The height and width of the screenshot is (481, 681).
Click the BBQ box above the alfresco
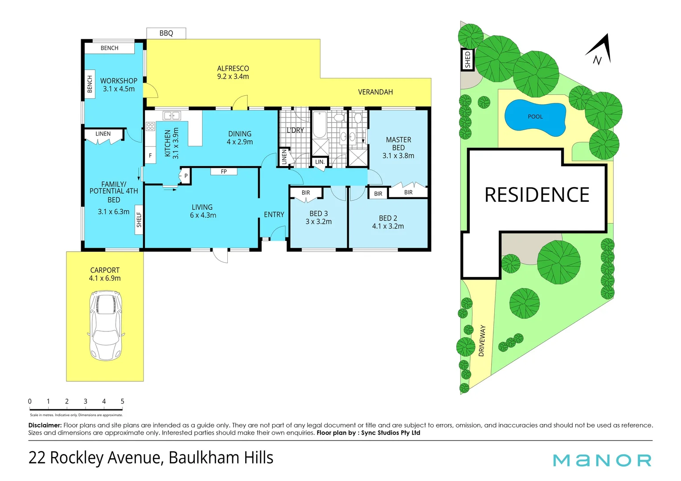click(166, 33)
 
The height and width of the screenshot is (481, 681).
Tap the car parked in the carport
click(106, 325)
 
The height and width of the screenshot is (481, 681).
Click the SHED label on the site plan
click(468, 60)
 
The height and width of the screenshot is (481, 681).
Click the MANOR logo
click(602, 460)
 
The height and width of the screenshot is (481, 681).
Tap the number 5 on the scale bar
click(122, 401)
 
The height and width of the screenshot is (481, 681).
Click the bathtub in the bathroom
click(319, 125)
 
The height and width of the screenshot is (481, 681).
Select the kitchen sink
click(172, 116)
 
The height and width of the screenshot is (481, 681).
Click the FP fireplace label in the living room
click(224, 171)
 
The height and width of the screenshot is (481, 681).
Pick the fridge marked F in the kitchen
click(151, 155)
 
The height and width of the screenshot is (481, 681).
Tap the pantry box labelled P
click(185, 176)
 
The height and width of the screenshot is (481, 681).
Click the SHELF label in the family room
click(139, 220)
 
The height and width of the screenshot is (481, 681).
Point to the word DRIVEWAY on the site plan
click(481, 341)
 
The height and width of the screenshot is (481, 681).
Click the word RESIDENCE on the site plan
click(537, 195)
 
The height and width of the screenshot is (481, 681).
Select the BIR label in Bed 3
click(306, 193)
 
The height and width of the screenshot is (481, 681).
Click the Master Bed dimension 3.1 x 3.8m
click(398, 156)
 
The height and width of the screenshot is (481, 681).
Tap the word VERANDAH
click(375, 92)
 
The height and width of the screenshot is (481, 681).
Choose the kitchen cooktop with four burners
click(150, 126)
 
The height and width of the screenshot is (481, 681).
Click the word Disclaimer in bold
click(45, 425)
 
